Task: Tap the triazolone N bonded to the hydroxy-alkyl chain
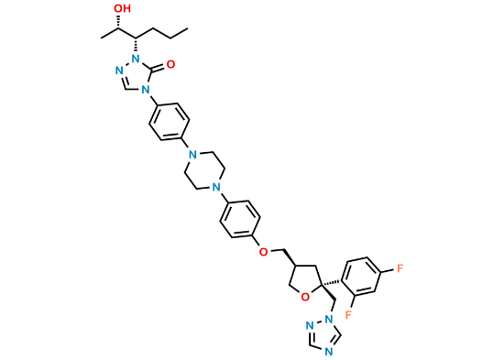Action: (135, 61)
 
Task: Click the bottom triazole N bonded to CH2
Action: (326, 315)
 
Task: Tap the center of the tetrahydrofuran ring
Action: (304, 276)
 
